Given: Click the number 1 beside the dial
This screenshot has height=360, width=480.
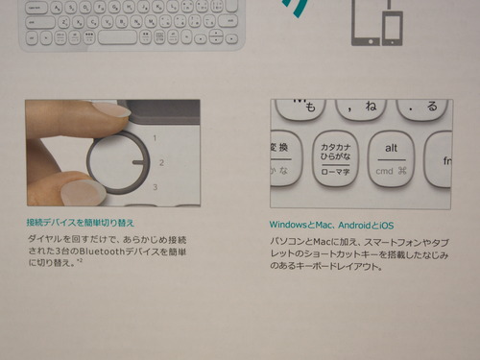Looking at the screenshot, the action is point(155,138).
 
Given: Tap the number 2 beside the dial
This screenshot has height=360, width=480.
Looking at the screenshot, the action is point(161,162).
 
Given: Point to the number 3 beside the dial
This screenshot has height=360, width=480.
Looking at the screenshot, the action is point(156,187).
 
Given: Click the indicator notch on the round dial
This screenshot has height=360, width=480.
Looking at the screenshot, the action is point(141,162).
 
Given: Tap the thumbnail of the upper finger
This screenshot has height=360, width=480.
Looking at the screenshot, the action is point(113,109).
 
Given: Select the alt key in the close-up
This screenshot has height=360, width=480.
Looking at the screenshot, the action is point(392,159).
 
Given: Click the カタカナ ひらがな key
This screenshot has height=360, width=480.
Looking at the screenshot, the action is point(335,159).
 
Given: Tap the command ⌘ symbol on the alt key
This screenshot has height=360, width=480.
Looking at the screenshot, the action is point(402,171).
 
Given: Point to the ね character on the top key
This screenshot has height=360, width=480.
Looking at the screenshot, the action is point(371,106).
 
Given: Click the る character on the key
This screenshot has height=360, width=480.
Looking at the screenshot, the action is point(432,106).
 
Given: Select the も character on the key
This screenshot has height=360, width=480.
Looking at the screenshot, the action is point(310,108).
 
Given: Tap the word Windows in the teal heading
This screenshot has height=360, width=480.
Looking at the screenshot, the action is point(288,225).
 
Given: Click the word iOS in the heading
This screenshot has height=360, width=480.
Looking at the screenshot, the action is point(387,226).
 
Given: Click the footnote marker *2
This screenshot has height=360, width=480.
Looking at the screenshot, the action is point(80,261).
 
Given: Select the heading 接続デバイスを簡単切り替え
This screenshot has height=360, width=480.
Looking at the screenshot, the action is point(81,223).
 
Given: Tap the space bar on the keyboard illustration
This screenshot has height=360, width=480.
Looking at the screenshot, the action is point(117,37).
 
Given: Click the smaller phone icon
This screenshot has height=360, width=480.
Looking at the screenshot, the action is point(393,28).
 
